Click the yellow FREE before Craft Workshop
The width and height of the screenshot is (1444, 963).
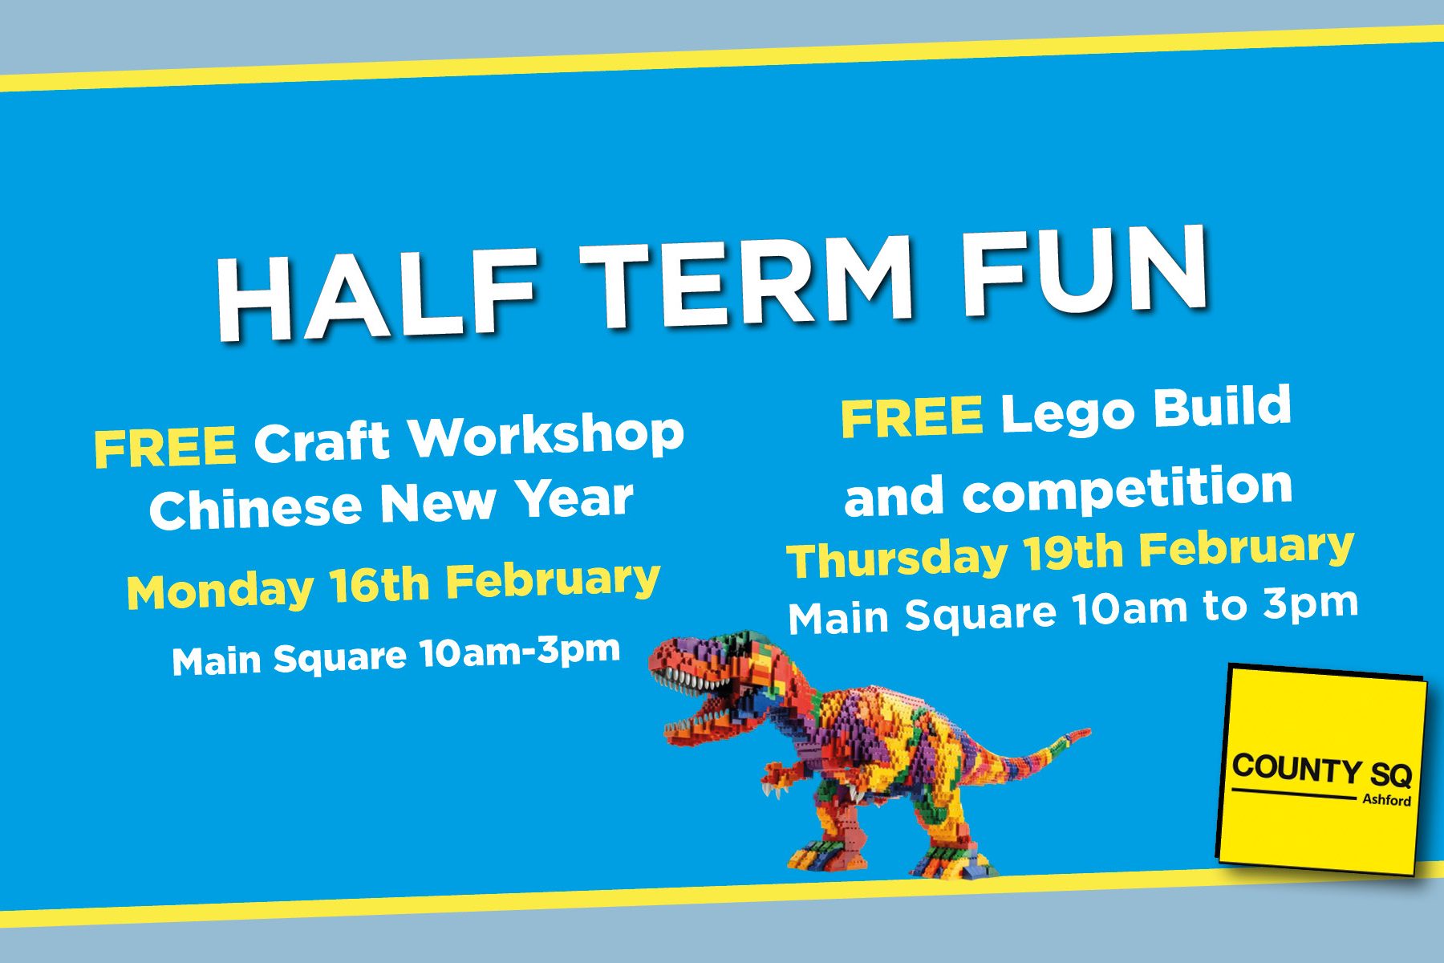click(x=165, y=447)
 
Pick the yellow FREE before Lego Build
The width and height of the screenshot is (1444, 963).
click(x=911, y=416)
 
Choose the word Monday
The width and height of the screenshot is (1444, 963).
click(x=220, y=591)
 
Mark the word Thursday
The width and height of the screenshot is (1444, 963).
click(x=897, y=559)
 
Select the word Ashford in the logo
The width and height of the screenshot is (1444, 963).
click(x=1386, y=799)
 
